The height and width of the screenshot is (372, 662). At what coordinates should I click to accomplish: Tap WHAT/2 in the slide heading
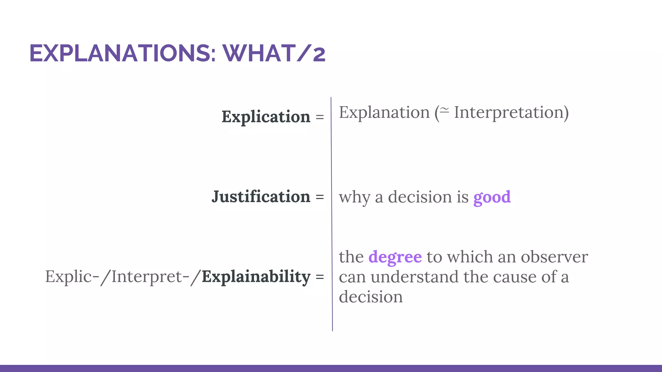tap(274, 53)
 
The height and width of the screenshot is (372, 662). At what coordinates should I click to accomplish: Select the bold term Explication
tap(266, 117)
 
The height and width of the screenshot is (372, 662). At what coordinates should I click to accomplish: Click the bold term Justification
tap(261, 197)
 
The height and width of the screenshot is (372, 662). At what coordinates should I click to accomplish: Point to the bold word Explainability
tap(256, 277)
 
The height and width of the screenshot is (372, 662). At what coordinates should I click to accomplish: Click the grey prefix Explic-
tap(72, 277)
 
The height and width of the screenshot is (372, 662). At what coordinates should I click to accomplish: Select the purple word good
tap(492, 197)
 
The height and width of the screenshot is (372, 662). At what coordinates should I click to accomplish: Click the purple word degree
tap(395, 257)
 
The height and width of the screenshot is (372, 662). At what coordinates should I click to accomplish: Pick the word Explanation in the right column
tap(384, 112)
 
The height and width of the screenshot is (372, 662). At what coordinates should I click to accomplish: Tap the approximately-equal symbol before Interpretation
tap(445, 111)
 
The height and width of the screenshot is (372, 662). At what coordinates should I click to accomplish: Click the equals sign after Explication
tap(320, 117)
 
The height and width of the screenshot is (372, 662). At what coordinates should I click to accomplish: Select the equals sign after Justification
tap(320, 197)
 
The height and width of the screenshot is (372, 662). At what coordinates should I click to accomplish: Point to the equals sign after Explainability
tap(320, 277)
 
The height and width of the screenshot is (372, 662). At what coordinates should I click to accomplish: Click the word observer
tap(554, 257)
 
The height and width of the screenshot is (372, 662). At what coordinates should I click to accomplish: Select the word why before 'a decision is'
tap(354, 197)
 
